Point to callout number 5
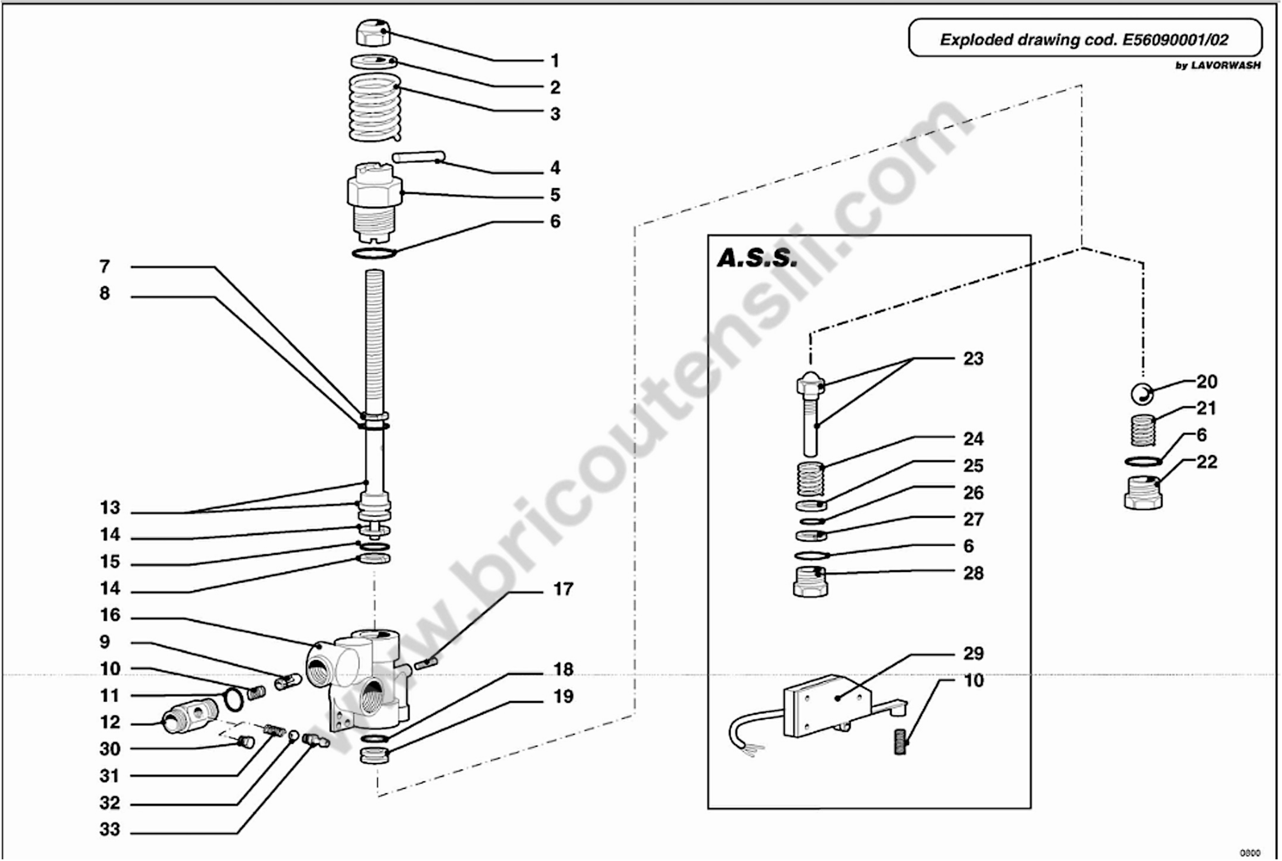[x=555, y=195]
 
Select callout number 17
[x=562, y=589]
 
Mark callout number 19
[x=562, y=696]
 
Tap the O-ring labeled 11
[x=233, y=699]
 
